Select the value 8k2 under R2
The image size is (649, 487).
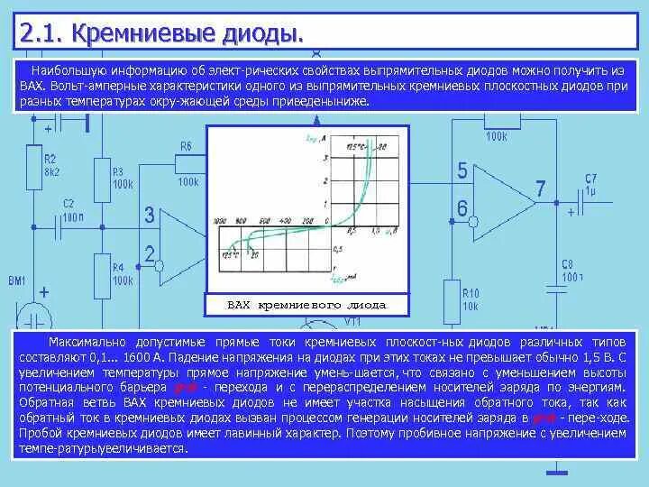click(51, 170)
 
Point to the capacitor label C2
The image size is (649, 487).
click(69, 204)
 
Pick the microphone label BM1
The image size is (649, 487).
click(17, 281)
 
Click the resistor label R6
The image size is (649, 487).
click(186, 146)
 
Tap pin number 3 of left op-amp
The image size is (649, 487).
click(151, 216)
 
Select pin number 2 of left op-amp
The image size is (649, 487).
click(151, 253)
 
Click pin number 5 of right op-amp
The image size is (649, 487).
click(462, 170)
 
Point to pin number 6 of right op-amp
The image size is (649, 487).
click(462, 208)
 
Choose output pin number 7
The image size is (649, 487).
click(540, 189)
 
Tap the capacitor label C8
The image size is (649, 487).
click(568, 264)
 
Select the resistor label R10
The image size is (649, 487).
click(471, 294)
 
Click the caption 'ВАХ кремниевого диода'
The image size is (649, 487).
click(306, 306)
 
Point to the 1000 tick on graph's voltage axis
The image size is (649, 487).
click(219, 221)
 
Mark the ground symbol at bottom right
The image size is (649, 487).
click(559, 470)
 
